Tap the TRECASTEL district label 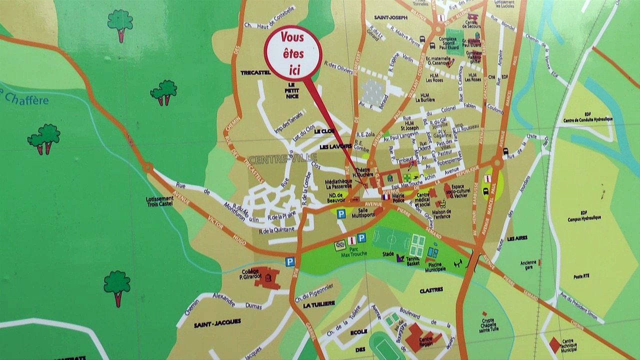pos(255,72)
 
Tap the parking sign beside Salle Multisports pos(341,214)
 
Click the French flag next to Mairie pos(385,197)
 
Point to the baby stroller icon pos(441,203)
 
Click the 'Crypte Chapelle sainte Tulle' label pos(491,324)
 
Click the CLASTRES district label pos(431,290)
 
